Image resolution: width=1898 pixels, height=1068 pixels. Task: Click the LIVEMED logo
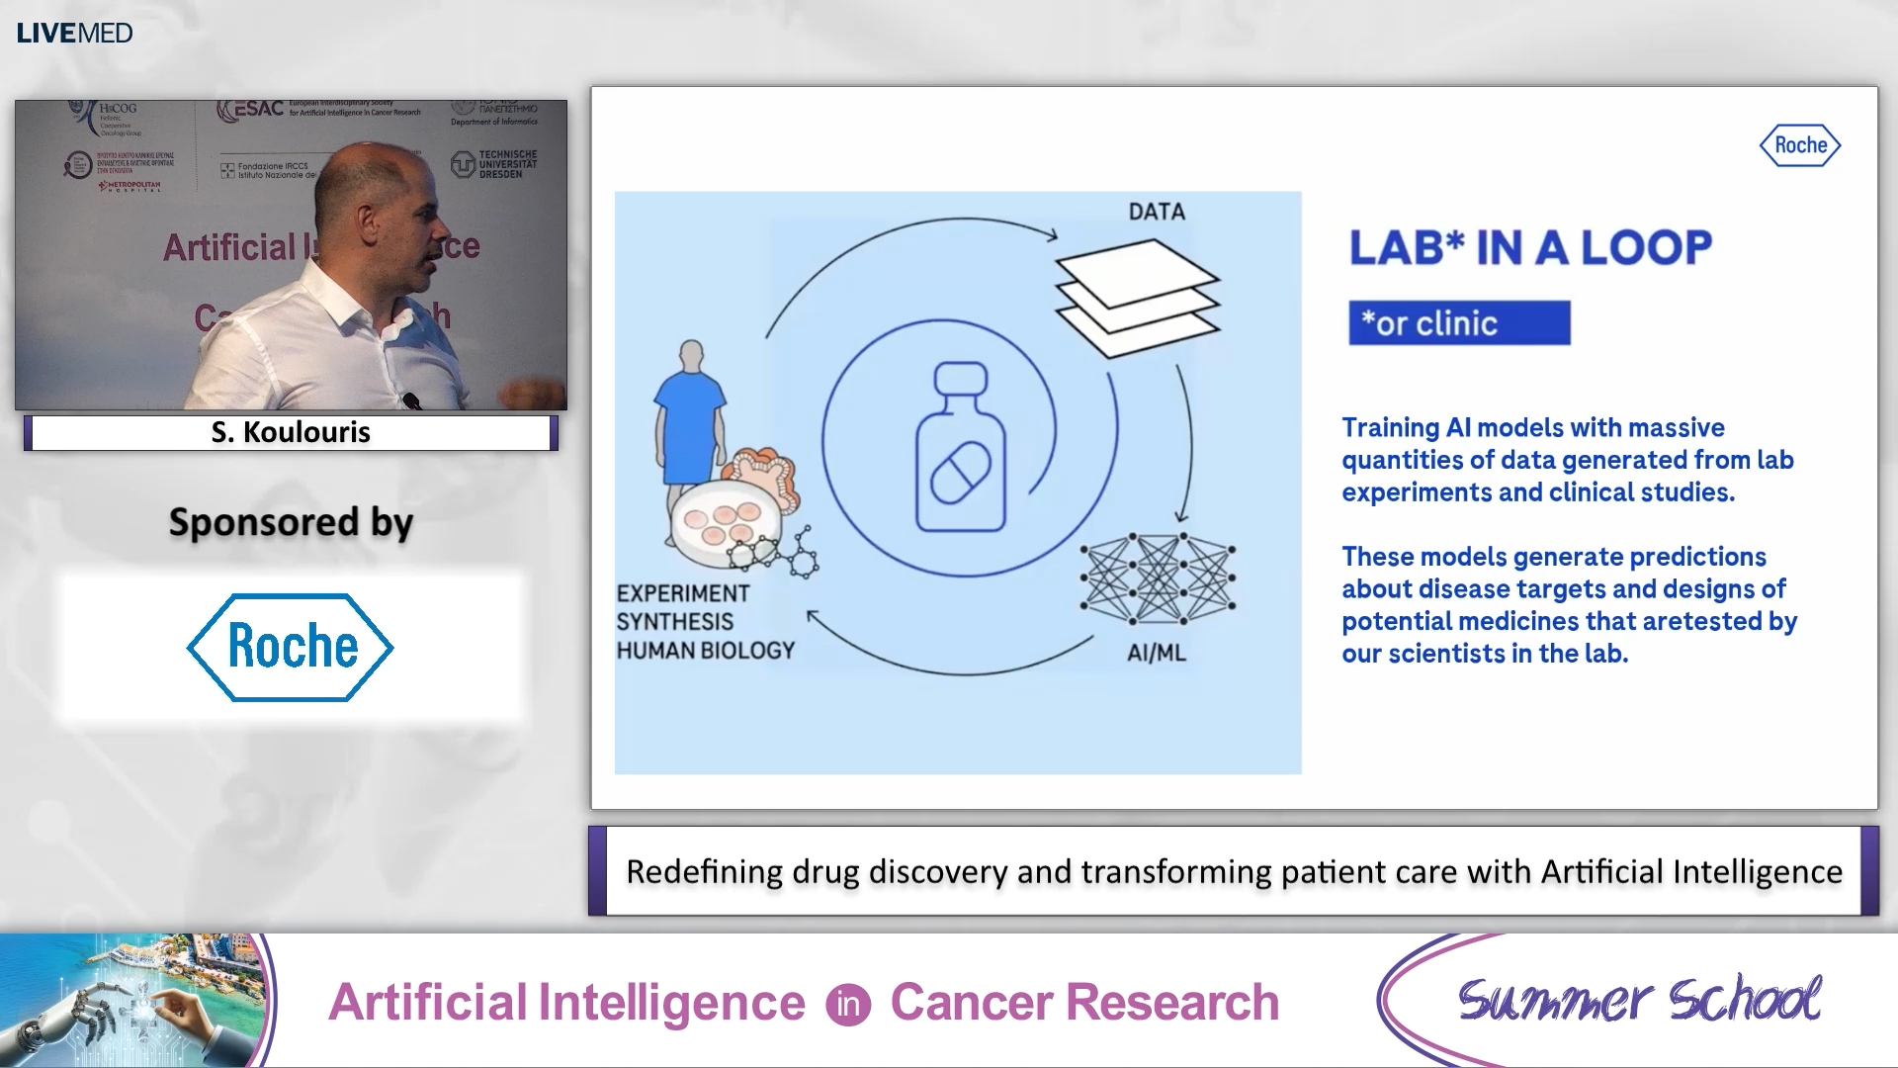pos(74,33)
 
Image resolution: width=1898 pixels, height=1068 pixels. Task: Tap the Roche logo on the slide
pos(1799,145)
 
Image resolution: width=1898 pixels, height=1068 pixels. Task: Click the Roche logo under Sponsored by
pos(291,647)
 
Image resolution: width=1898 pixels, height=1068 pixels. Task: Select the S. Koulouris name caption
pos(291,432)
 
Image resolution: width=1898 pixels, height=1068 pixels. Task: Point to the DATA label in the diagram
pos(1156,212)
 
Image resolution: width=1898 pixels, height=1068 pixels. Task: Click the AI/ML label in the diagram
pos(1156,653)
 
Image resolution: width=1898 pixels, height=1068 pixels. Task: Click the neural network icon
pos(1158,578)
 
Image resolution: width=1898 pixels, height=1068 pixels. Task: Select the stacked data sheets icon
pos(1137,297)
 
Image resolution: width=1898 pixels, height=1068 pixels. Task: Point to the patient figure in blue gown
pos(689,415)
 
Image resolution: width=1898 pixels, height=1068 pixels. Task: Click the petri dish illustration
pos(720,525)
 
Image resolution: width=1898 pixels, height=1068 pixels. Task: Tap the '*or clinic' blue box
pos(1458,323)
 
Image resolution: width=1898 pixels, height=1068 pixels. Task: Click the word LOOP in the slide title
pos(1646,247)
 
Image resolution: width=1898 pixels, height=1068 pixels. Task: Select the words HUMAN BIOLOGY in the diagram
pos(705,651)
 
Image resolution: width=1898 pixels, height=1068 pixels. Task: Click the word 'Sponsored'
pos(263,522)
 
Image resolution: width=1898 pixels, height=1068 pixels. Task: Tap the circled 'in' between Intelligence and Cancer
pos(847,1005)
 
